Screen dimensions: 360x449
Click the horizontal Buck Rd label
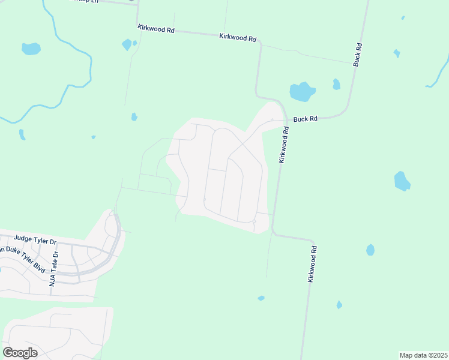click(x=305, y=119)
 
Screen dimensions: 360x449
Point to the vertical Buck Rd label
click(x=358, y=54)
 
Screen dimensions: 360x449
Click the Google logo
click(x=20, y=352)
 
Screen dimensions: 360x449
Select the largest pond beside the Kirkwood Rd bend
click(x=302, y=92)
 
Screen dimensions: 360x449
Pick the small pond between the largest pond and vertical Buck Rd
click(x=336, y=84)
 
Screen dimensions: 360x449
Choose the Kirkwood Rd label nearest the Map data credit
click(x=312, y=264)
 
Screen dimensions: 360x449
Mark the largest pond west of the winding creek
click(x=31, y=49)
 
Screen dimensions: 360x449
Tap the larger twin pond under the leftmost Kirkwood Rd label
click(x=127, y=44)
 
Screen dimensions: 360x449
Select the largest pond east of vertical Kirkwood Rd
click(x=402, y=181)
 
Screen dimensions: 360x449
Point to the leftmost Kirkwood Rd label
click(x=155, y=28)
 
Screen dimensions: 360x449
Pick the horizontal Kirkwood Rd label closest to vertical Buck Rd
click(x=238, y=37)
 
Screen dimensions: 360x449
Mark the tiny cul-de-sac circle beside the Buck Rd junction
click(x=272, y=119)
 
